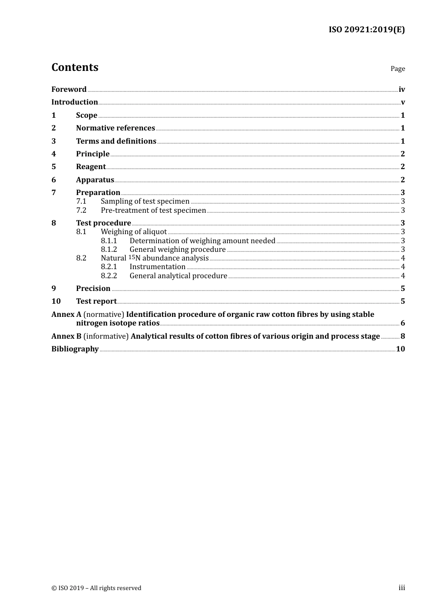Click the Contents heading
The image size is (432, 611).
pos(75,67)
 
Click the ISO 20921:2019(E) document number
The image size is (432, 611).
pos(367,30)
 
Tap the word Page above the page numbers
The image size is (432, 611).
pos(397,69)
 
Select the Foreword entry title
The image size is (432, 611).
pos(69,89)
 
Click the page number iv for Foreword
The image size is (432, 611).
pos(402,89)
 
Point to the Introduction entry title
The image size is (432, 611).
pos(75,102)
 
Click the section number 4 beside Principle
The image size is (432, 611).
pos(54,154)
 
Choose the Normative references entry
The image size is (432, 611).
pos(116,128)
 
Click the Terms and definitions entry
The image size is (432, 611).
pos(116,141)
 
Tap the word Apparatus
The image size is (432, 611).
pos(95,180)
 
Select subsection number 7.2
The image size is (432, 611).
pos(81,210)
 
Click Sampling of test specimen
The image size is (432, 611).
pos(145,201)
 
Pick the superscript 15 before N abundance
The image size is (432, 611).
pos(131,257)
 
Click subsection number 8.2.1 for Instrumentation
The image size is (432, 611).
pos(109,267)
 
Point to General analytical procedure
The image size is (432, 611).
pos(178,275)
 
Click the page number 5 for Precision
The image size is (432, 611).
pos(402,288)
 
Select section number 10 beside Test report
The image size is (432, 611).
pos(56,301)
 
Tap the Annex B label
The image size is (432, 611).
pos(63,336)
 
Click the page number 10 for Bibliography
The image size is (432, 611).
pos(400,349)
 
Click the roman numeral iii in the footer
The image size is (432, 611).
pos(402,588)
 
